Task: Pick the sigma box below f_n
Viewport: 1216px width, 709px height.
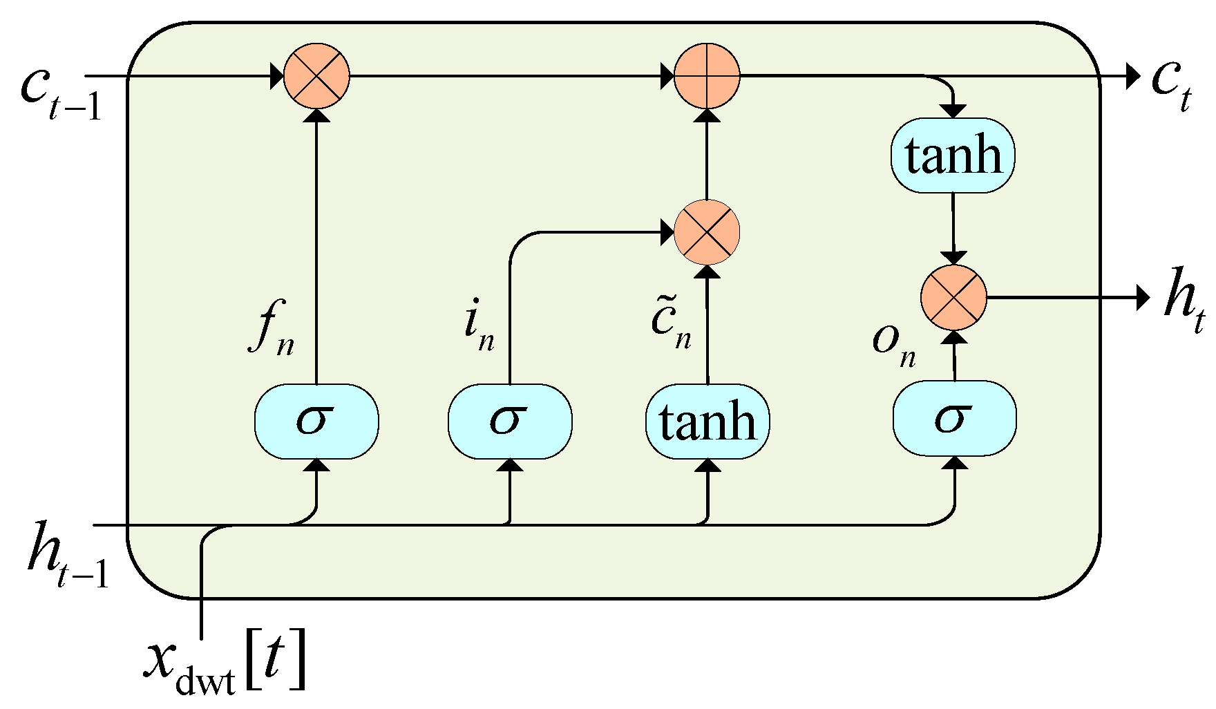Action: [x=316, y=422]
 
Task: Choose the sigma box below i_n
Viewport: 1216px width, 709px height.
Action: [x=510, y=422]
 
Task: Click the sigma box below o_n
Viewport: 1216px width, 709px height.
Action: [x=954, y=418]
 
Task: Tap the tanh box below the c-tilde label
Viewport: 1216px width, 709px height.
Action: [x=707, y=422]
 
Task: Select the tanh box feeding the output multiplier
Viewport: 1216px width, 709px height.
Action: [x=953, y=155]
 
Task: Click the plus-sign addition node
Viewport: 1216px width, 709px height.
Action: [x=707, y=75]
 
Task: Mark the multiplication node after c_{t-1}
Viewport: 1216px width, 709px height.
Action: [x=316, y=75]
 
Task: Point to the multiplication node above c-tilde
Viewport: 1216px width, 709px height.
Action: [x=707, y=232]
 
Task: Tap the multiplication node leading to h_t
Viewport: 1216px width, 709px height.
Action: [x=953, y=298]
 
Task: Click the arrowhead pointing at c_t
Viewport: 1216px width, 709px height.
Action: [x=1132, y=75]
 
